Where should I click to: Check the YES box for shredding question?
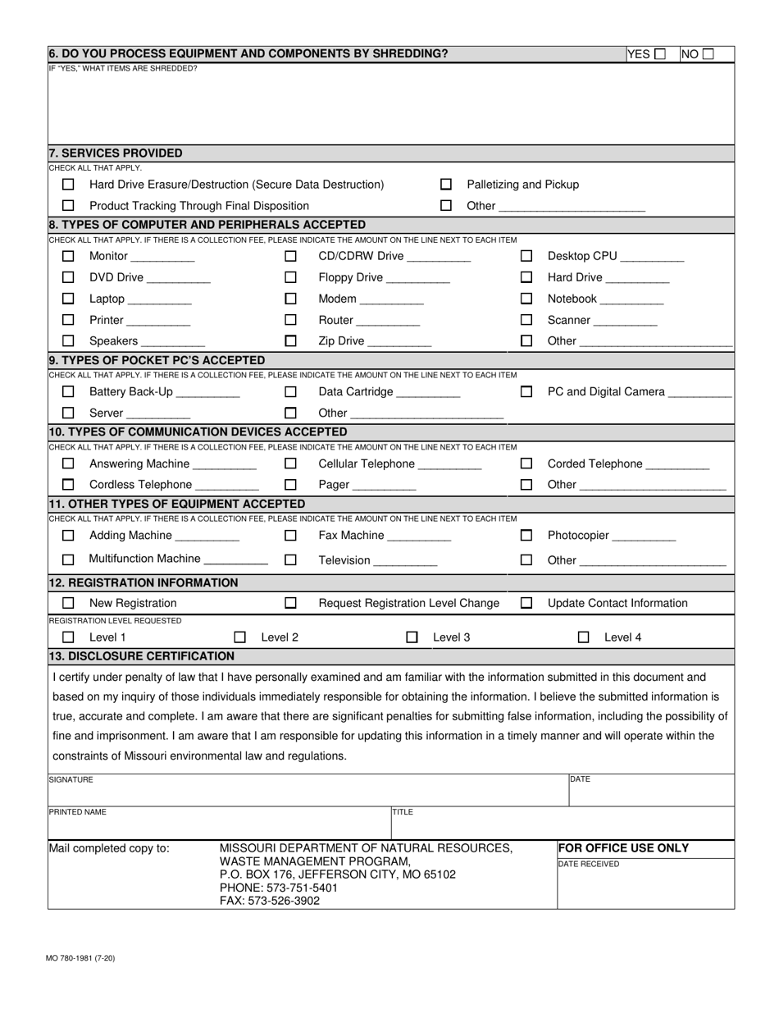pos(660,54)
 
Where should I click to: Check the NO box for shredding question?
pos(708,54)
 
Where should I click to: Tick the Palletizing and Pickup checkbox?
pos(446,185)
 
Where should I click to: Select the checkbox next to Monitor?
pos(68,256)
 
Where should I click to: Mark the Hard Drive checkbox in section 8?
pos(526,277)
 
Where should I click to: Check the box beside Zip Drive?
pos(290,340)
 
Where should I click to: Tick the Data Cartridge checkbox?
pos(290,392)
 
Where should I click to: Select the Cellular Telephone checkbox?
pos(290,463)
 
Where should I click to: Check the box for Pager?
pos(290,485)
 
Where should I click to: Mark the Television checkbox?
pos(290,560)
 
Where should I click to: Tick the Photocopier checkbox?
pos(526,536)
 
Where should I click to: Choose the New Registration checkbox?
pos(68,603)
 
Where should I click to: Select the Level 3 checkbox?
pos(412,637)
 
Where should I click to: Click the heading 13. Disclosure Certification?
pos(141,655)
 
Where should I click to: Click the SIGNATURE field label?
pos(71,779)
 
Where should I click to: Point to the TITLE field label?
pos(403,812)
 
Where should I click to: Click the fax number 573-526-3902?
pos(270,901)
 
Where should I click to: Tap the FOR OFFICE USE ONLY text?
pos(623,848)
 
